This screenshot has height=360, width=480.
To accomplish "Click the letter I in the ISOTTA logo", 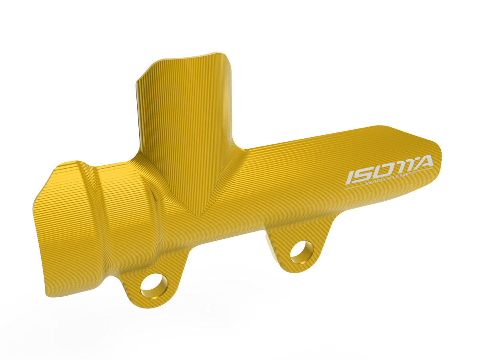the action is (350, 178).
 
